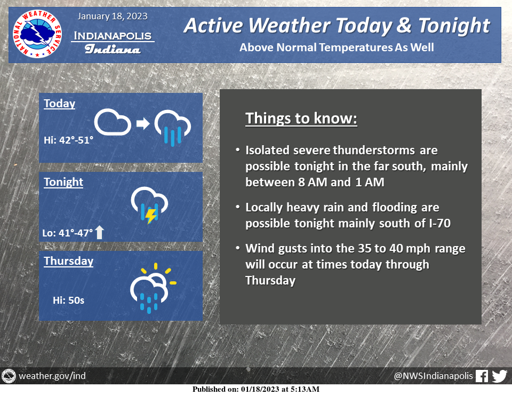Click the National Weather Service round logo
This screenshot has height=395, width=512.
coord(37,34)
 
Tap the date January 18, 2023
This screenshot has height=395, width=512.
coord(113,17)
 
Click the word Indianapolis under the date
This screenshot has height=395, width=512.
coord(113,36)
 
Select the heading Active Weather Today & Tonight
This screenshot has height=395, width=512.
coord(337,26)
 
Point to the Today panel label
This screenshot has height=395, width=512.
coord(59,103)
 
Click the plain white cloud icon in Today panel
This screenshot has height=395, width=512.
coord(113,122)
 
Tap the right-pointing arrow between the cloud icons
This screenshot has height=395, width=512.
coord(143,123)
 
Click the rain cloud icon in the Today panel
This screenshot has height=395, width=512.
coord(172,128)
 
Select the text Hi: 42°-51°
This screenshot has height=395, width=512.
coord(69,140)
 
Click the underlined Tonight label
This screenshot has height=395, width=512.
coord(63,181)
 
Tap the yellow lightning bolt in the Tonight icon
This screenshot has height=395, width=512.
coord(151,216)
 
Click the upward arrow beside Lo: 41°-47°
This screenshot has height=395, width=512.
coord(99,232)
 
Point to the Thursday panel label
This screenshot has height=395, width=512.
coord(69,260)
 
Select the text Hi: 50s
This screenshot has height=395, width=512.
coord(69,300)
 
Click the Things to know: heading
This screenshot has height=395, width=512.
coord(301,118)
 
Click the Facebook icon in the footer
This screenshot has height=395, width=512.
coord(482,376)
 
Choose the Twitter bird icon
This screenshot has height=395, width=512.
coord(500,376)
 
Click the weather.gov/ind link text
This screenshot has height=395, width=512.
coord(52,376)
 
